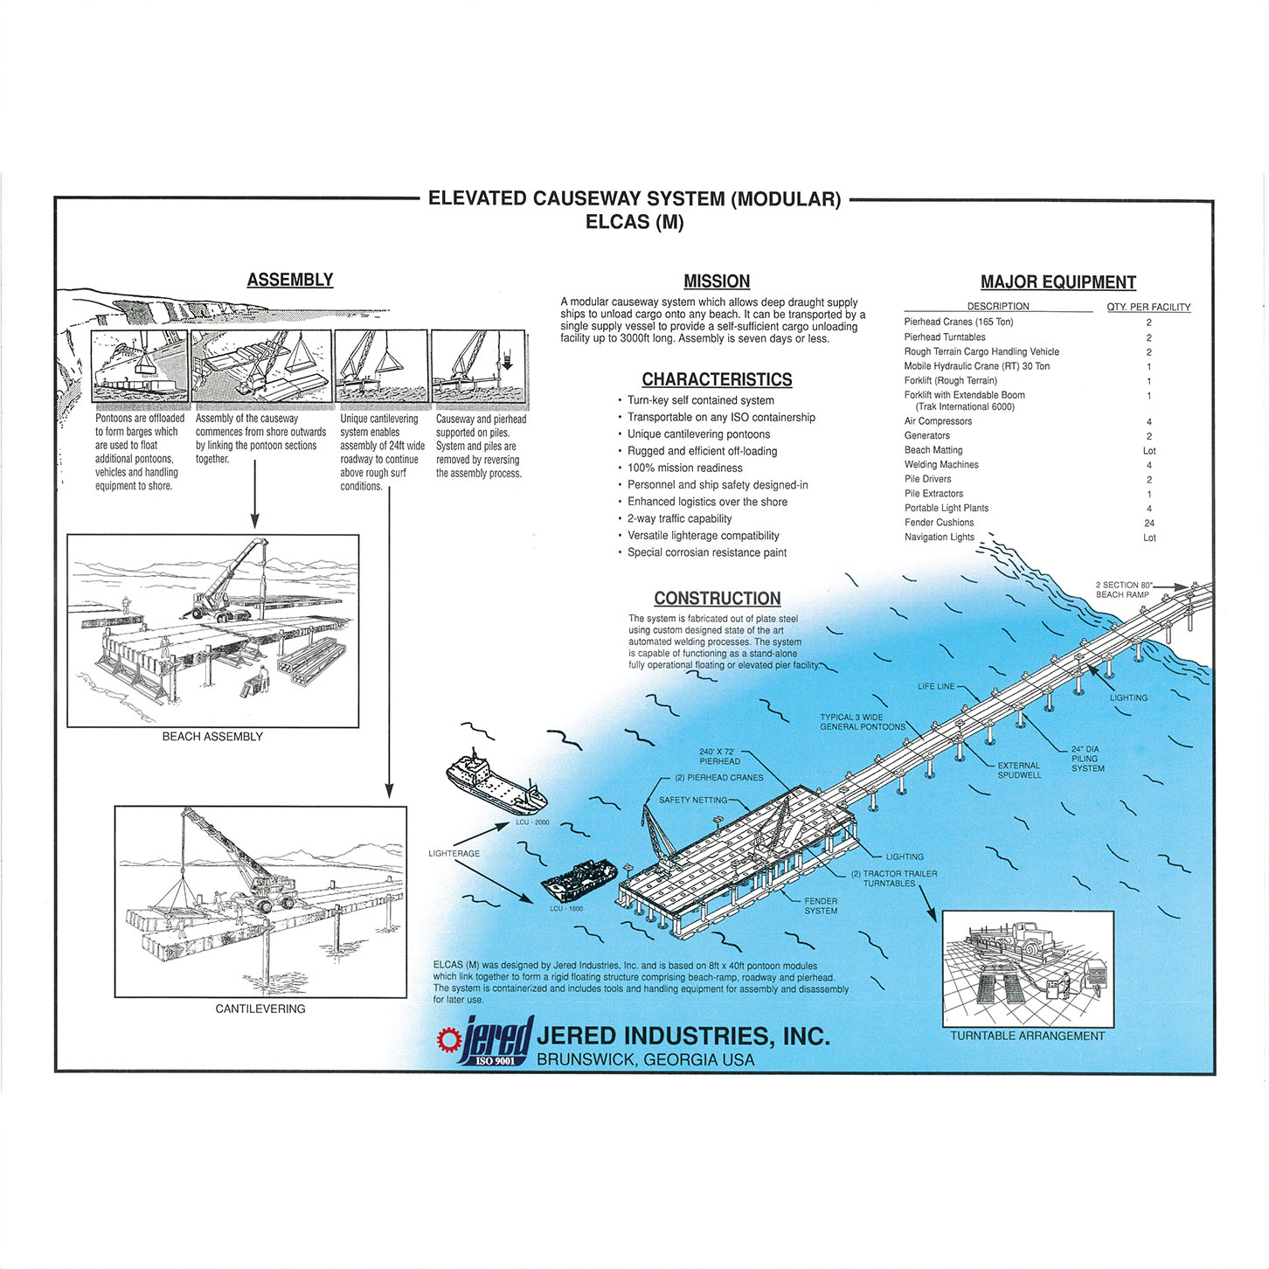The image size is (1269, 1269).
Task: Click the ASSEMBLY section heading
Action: [x=289, y=280]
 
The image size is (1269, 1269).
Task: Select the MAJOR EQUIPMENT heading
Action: [x=1057, y=282]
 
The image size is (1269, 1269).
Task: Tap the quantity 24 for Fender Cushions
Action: [x=1148, y=523]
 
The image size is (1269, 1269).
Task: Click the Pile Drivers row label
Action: [x=927, y=479]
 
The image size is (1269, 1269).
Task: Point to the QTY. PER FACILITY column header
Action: [x=1148, y=307]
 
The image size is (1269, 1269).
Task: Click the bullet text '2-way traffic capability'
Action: [x=679, y=518]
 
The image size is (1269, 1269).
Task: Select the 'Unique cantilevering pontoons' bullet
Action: [x=698, y=434]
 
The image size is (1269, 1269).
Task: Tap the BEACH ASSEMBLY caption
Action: [x=212, y=737]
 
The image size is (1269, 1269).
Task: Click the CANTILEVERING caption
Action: [x=260, y=1009]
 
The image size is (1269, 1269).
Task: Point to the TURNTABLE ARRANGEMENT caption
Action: [x=1027, y=1036]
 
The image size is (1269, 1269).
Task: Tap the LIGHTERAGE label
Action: [x=454, y=853]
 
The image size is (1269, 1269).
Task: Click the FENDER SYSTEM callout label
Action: [x=821, y=905]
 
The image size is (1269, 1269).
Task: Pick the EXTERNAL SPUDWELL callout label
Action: [x=1019, y=770]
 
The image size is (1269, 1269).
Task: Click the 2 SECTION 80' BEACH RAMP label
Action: [x=1123, y=590]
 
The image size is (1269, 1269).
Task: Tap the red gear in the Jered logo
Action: [x=449, y=1039]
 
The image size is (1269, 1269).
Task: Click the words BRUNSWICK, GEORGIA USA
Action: [x=645, y=1059]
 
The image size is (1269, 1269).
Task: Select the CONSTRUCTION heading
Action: [x=717, y=599]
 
